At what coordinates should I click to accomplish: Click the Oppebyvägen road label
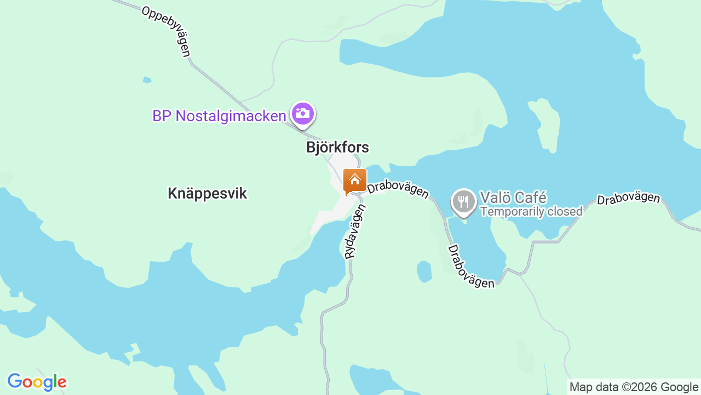pos(166,31)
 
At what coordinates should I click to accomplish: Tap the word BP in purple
pos(162,116)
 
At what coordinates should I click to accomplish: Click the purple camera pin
pos(302,114)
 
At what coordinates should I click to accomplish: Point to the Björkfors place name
pos(337,148)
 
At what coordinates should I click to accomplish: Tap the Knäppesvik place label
pos(207,193)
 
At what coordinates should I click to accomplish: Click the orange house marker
pos(354,180)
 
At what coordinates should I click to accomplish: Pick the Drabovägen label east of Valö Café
pos(628,198)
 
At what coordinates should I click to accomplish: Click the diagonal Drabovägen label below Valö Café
pos(470,267)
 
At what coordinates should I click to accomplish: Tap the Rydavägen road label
pos(354,231)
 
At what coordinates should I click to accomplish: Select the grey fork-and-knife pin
pos(464,201)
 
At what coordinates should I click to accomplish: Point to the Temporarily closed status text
pos(531,212)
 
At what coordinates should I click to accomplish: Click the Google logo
pos(37,382)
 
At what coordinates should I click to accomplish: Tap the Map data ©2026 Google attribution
pos(634,387)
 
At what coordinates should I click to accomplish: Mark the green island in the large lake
pos(545,123)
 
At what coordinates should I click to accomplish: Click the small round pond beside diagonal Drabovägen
pos(424,270)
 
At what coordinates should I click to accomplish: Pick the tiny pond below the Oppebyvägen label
pos(147,80)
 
